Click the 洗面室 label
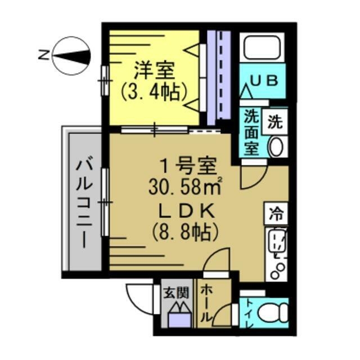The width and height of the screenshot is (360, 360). point(251,133)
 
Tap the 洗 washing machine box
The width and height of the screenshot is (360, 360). point(276,121)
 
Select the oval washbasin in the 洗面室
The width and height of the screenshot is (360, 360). point(276,148)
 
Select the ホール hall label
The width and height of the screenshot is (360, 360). point(207,304)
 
